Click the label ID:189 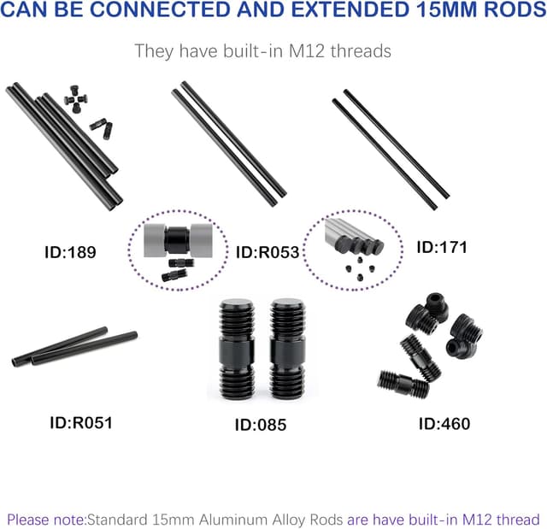pyautogui.click(x=70, y=252)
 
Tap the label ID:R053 pyautogui.click(x=268, y=252)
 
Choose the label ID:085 pyautogui.click(x=261, y=424)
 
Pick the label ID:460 pyautogui.click(x=444, y=423)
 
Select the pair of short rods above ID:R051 pyautogui.click(x=74, y=348)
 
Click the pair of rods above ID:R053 pyautogui.click(x=228, y=143)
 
